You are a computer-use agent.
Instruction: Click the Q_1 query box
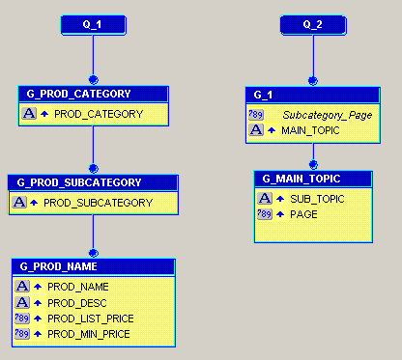click(92, 23)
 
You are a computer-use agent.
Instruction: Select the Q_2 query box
click(311, 23)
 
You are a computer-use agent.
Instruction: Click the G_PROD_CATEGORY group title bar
click(93, 95)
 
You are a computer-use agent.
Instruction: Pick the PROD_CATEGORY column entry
click(99, 114)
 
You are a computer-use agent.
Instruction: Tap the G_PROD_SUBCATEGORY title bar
click(93, 182)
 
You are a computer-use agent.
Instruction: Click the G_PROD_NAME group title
click(93, 266)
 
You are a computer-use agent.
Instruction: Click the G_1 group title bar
click(313, 95)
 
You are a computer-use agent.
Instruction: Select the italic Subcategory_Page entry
click(327, 114)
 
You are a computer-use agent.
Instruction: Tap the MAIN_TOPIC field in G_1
click(310, 129)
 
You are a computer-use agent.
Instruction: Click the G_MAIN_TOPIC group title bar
click(313, 179)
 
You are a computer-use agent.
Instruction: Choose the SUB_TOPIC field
click(317, 199)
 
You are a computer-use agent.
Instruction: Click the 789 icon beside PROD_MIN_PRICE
click(23, 334)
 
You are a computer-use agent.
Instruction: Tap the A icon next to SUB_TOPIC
click(264, 199)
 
